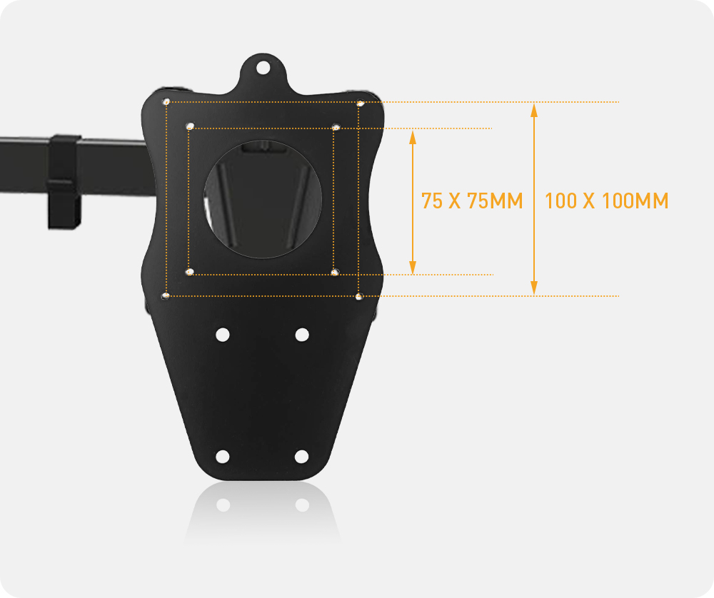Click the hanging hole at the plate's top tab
tap(263, 68)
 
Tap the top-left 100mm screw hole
tap(166, 101)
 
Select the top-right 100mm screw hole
tap(360, 103)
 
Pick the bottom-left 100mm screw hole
tap(166, 296)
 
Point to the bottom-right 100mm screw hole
tap(359, 297)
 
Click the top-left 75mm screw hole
tap(191, 126)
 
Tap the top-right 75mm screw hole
tap(336, 127)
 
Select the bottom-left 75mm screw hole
tap(190, 272)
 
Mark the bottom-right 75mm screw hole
tap(335, 273)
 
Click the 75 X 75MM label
tap(472, 201)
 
